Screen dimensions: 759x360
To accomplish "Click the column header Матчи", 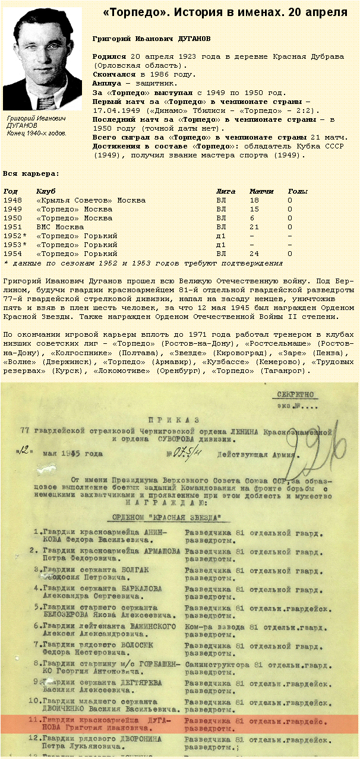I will click(261, 192).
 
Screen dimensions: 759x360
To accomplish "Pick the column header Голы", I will click(298, 192).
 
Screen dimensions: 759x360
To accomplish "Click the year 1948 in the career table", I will click(12, 201).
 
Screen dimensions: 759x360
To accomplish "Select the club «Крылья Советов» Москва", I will click(91, 201).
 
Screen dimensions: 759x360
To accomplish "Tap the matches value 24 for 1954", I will click(254, 254).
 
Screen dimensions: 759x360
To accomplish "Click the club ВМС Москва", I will click(60, 227).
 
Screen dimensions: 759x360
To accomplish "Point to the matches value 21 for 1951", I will click(254, 227).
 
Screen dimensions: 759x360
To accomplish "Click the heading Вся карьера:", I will click(31, 173).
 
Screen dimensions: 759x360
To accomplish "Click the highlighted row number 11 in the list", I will click(37, 720).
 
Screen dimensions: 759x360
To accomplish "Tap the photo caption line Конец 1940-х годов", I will click(37, 133).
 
